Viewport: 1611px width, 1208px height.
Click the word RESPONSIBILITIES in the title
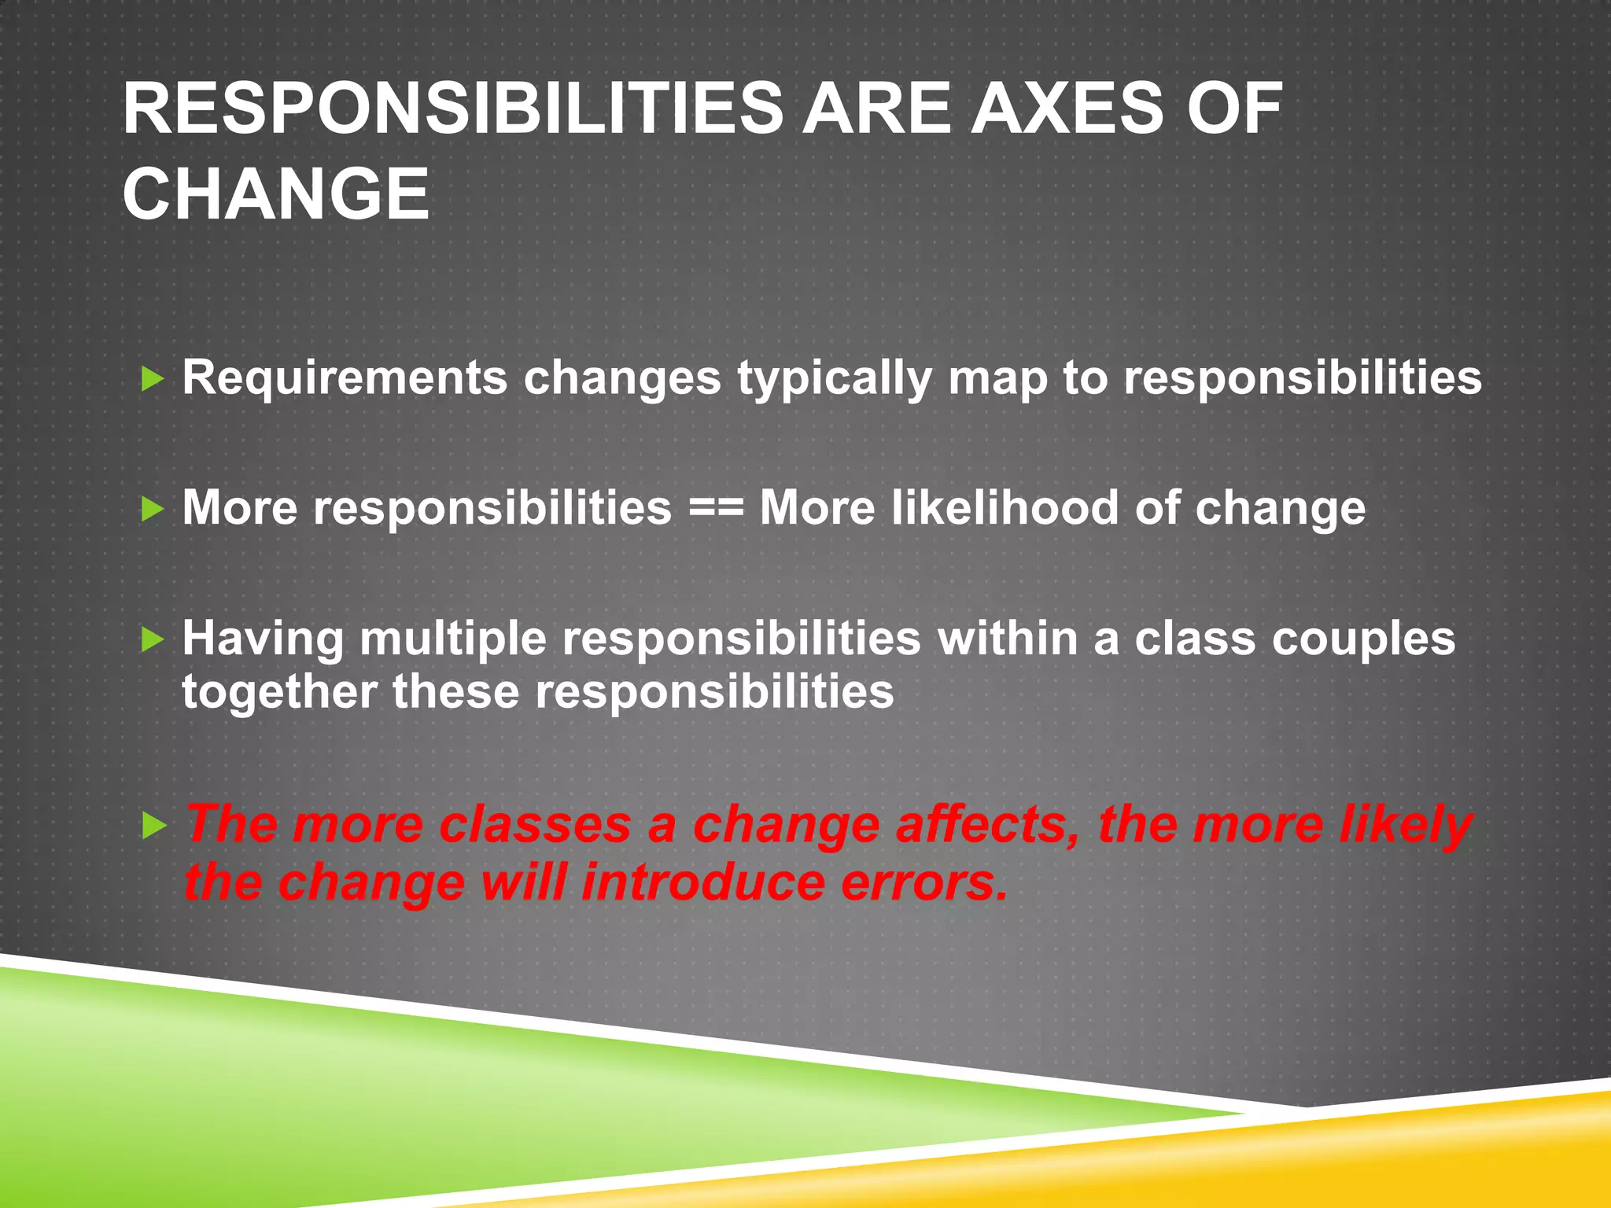[x=452, y=109]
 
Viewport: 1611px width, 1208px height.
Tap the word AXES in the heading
[x=1067, y=109]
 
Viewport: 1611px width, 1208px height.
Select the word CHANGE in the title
[x=276, y=194]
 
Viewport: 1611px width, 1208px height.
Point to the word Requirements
[x=345, y=378]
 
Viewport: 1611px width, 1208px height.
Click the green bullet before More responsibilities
[x=152, y=510]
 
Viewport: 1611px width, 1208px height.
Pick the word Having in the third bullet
[x=263, y=638]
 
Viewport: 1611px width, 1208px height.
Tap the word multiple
[x=453, y=639]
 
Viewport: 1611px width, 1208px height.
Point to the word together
[x=278, y=693]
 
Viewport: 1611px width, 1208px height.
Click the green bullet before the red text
[x=152, y=827]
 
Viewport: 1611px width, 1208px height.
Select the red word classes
[x=535, y=825]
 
